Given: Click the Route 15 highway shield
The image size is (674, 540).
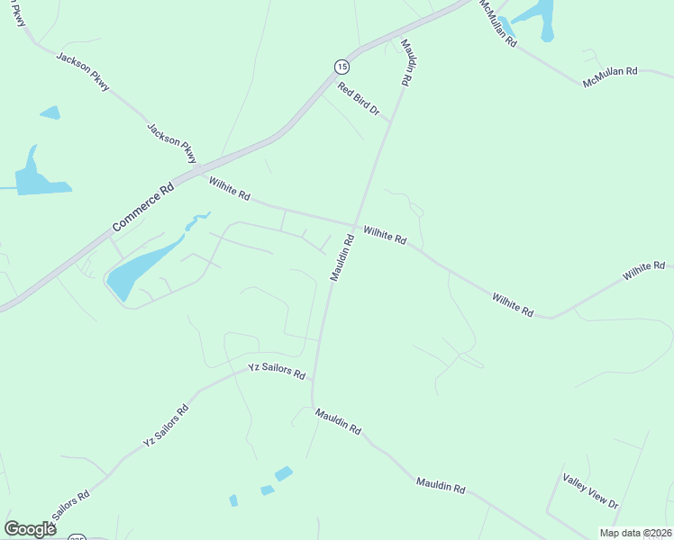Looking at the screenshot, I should (341, 66).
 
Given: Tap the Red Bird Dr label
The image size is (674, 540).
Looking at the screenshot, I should (359, 100).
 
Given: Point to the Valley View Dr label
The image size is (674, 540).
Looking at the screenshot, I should (590, 490).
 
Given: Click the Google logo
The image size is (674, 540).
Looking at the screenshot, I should (30, 528).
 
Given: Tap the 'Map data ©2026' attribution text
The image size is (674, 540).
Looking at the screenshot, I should (636, 532).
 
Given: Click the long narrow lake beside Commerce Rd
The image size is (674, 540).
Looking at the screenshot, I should (144, 266).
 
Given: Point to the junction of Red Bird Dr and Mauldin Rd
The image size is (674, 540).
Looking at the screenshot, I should (390, 121).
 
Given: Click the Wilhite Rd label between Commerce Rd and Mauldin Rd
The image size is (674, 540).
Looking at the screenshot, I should (229, 189).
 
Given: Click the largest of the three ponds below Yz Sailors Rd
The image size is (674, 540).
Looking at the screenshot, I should (284, 473).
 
